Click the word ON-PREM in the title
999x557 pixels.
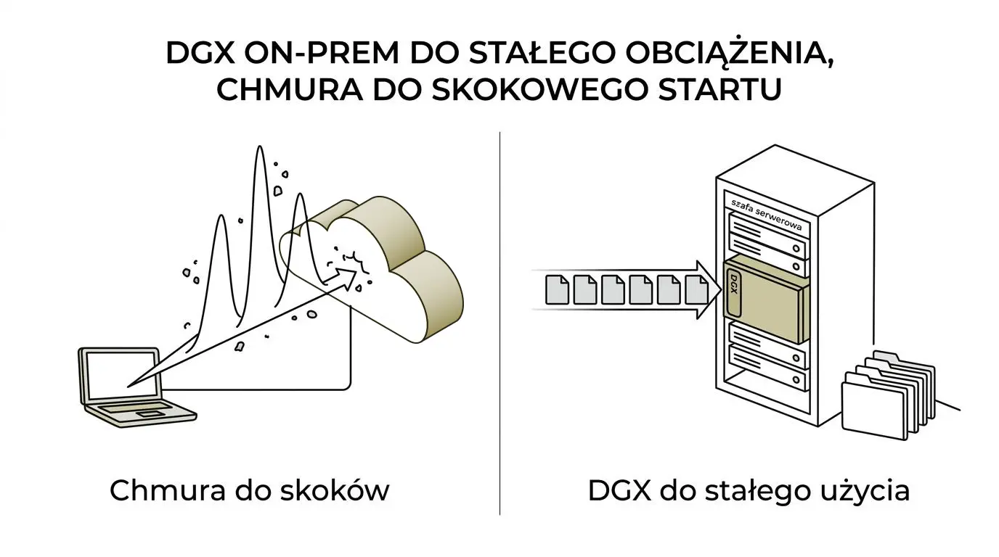coord(322,54)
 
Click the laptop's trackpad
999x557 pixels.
coord(150,414)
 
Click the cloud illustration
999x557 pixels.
coord(379,268)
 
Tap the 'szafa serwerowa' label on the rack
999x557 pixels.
coord(767,215)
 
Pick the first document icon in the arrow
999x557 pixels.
coord(557,289)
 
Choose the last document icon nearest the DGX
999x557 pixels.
coord(697,289)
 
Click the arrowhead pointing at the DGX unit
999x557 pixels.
coord(709,290)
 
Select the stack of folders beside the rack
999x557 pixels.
coord(887,396)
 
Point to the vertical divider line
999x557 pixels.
coord(499,323)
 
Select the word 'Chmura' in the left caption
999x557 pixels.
coord(167,490)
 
